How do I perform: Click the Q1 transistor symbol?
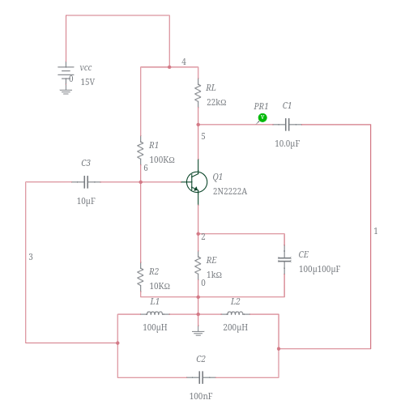pyautogui.click(x=196, y=181)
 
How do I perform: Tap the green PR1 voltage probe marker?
pyautogui.click(x=262, y=118)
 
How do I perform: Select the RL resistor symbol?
pyautogui.click(x=198, y=93)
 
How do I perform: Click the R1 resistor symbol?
pyautogui.click(x=141, y=150)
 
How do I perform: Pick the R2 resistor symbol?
pyautogui.click(x=141, y=276)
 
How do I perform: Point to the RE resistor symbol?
pyautogui.click(x=198, y=266)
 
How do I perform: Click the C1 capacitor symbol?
pyautogui.click(x=287, y=125)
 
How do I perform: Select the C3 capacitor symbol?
pyautogui.click(x=86, y=182)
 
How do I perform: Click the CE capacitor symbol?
pyautogui.click(x=284, y=259)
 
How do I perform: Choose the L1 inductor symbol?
pyautogui.click(x=154, y=314)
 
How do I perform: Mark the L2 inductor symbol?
pyautogui.click(x=235, y=314)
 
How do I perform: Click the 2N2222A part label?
pyautogui.click(x=230, y=192)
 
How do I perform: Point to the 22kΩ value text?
pyautogui.click(x=216, y=103)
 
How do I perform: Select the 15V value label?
pyautogui.click(x=87, y=83)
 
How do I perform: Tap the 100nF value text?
pyautogui.click(x=201, y=396)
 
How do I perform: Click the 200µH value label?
pyautogui.click(x=235, y=328)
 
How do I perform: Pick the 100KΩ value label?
pyautogui.click(x=162, y=160)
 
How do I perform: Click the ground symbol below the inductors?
pyautogui.click(x=198, y=330)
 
